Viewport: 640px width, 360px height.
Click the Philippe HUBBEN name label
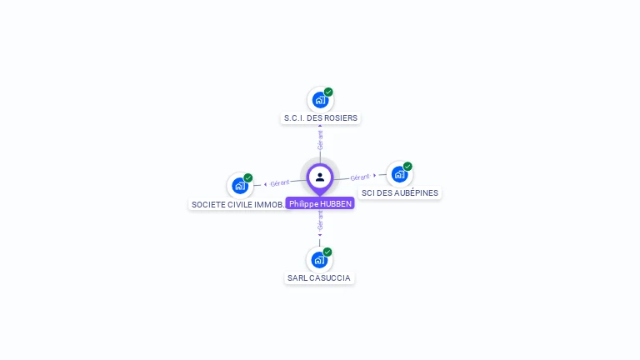click(320, 203)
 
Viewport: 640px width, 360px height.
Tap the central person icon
click(320, 177)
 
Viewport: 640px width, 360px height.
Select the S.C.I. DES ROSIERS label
click(320, 118)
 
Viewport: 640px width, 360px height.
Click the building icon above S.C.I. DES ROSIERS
click(320, 100)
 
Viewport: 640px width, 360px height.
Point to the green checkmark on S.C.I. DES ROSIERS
click(328, 92)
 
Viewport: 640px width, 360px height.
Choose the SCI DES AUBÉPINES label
click(400, 193)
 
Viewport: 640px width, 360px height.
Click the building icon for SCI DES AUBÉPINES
click(399, 174)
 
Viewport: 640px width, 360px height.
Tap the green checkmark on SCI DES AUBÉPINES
click(407, 166)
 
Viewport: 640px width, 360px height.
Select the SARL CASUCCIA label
click(319, 278)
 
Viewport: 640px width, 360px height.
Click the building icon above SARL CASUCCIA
click(319, 260)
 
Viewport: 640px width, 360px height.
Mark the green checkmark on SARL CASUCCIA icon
click(327, 252)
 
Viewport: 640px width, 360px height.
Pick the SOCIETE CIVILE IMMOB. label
click(238, 204)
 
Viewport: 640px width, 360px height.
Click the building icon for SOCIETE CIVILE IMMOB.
click(240, 185)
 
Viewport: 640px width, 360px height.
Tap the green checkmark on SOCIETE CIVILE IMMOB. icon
click(248, 177)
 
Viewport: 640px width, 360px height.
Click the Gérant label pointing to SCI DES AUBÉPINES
click(360, 177)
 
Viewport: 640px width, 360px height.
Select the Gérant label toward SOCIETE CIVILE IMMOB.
click(280, 183)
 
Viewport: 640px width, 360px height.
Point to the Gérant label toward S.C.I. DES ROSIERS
click(320, 139)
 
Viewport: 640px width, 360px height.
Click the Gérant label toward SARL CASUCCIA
click(320, 220)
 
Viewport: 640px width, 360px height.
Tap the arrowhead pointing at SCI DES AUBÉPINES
click(375, 175)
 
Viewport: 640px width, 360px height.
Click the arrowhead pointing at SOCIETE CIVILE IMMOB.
click(265, 184)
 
